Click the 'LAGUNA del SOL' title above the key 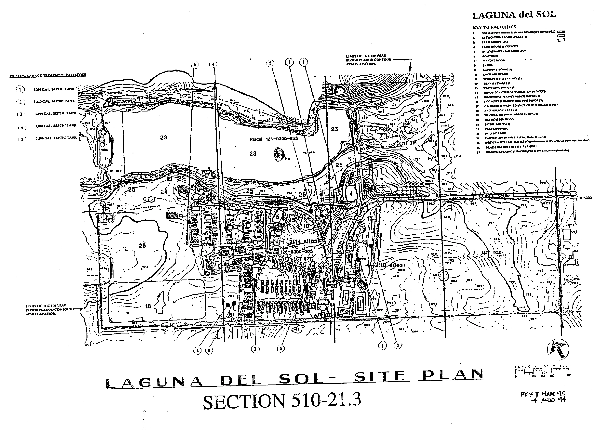tap(514, 15)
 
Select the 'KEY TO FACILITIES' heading tap(494, 27)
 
